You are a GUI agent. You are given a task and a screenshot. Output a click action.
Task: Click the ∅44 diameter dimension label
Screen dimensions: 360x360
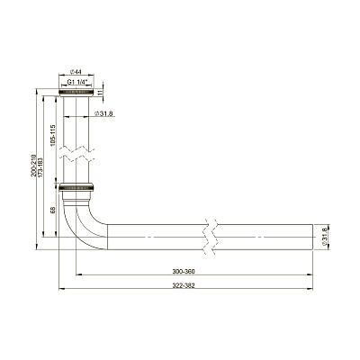(x=76, y=72)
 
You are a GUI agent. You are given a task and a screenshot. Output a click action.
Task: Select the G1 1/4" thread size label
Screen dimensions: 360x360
(x=77, y=82)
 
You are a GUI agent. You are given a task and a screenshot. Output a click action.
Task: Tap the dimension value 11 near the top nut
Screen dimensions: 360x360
(x=101, y=92)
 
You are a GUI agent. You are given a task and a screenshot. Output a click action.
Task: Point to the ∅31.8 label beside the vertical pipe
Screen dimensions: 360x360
(x=103, y=113)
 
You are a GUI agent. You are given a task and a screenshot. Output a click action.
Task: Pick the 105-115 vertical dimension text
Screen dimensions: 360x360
(x=53, y=135)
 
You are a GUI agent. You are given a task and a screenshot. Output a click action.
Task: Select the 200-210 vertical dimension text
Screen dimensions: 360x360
(x=33, y=166)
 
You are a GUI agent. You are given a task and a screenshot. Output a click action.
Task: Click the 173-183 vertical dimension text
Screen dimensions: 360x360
(x=40, y=168)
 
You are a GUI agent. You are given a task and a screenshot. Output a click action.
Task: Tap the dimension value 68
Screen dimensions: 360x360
(x=53, y=210)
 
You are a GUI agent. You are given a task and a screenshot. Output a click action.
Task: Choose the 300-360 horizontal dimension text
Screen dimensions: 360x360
(x=184, y=272)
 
